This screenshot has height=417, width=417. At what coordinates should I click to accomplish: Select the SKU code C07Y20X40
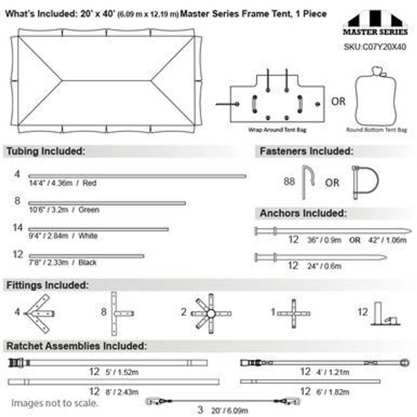point(375,47)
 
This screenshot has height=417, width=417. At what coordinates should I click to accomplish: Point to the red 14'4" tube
point(137,176)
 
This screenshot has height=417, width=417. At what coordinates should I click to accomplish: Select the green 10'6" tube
point(107,203)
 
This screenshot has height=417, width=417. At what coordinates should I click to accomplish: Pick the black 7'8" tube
point(86,256)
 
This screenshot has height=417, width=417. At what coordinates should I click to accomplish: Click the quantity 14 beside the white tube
point(18,227)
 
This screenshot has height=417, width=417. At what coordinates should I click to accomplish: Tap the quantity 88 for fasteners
point(289,181)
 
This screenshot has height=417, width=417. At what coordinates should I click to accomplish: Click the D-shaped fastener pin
point(365,182)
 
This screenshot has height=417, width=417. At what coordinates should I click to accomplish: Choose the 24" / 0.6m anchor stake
point(321,257)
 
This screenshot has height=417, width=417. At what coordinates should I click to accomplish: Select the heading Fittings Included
point(48,285)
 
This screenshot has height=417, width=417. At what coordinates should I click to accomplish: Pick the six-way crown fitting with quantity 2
point(211,314)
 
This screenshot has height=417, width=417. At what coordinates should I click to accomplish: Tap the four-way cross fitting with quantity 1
point(294,313)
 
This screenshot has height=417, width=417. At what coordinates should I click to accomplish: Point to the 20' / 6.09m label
point(229,410)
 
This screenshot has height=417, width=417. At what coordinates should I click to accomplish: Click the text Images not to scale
point(54,403)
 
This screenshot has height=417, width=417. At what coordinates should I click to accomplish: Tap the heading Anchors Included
point(303,213)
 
